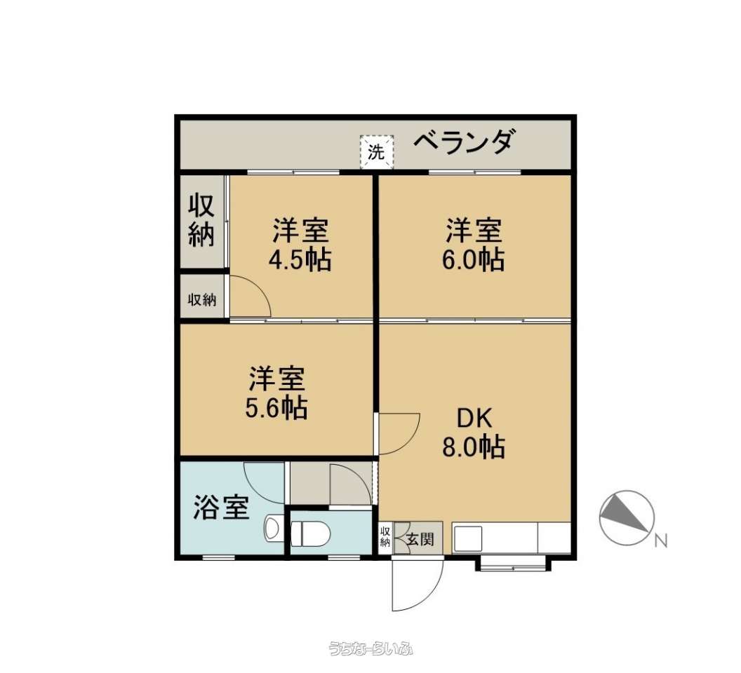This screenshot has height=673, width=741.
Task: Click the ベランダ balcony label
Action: (462, 141)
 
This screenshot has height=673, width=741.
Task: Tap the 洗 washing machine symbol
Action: (377, 152)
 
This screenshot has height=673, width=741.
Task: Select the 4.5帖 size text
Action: (300, 259)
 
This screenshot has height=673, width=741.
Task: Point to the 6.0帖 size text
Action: (473, 259)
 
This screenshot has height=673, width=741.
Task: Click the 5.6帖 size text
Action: (276, 408)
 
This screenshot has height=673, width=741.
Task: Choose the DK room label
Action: (474, 418)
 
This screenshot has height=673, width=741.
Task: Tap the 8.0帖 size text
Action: (474, 447)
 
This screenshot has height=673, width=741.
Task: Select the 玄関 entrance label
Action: (420, 538)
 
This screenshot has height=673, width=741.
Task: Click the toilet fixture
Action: (310, 533)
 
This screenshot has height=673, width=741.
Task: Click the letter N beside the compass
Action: (661, 541)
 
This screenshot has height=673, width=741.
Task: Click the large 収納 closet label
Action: (202, 220)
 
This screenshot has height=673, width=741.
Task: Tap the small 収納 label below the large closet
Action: (202, 299)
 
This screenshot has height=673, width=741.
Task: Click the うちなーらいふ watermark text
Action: (371, 648)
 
